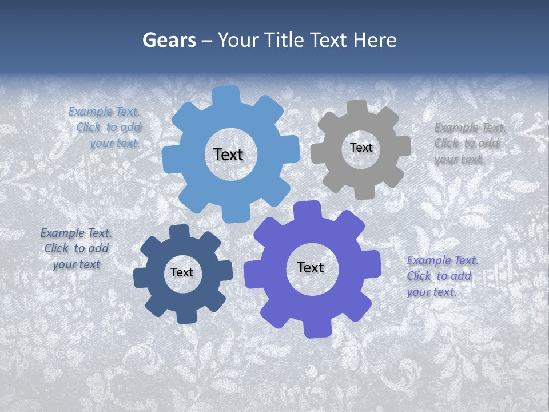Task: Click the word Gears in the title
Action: coord(169,40)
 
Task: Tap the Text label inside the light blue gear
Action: coord(228,154)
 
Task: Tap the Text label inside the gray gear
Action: coord(361,148)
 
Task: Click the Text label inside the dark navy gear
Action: coord(182,272)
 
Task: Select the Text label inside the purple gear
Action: coord(311,267)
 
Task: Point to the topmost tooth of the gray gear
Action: coord(357,108)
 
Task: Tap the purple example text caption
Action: coord(442,276)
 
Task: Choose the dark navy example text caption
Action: coord(76,248)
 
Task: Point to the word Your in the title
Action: coord(239,40)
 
